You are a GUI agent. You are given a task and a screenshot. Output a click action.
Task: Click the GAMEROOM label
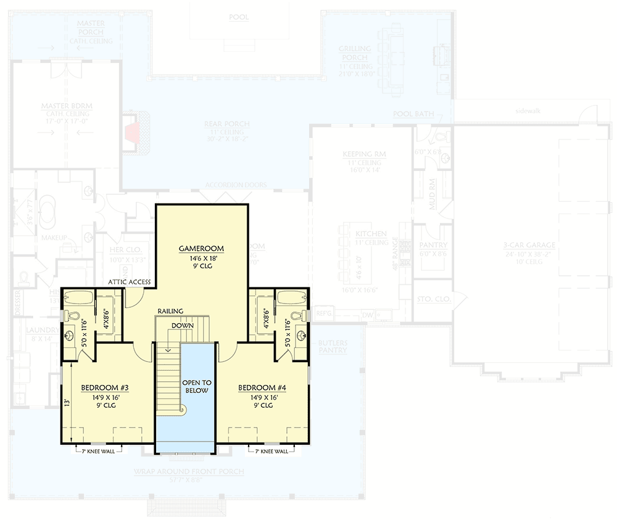(201, 249)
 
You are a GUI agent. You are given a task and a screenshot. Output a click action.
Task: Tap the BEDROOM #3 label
(104, 388)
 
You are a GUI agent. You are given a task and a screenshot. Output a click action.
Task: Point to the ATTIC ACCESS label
(130, 282)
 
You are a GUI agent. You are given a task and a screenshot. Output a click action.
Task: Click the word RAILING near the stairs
(169, 311)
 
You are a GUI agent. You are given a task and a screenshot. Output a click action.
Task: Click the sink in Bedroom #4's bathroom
(301, 336)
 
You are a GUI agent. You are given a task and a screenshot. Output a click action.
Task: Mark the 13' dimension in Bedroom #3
(66, 401)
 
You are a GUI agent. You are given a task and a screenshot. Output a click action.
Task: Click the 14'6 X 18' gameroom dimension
(201, 259)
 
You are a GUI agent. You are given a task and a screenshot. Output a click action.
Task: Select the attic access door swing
(131, 300)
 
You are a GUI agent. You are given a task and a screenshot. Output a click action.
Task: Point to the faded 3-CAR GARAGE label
(529, 245)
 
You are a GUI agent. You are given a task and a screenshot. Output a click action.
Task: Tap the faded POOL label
(238, 17)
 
